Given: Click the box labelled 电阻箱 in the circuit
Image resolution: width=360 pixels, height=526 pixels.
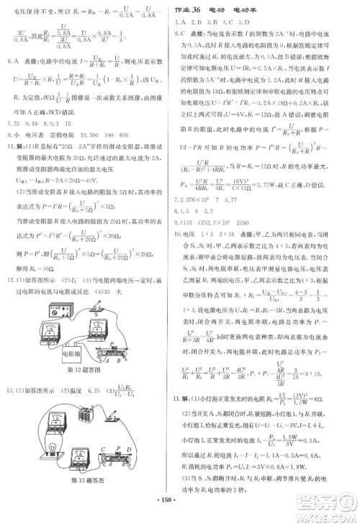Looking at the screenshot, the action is (73, 353).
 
